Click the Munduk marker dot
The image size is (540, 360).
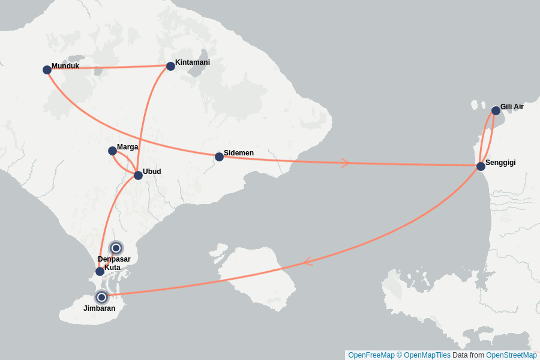point(47,70)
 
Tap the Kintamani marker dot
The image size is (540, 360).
point(170,66)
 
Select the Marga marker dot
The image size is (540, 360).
point(112,151)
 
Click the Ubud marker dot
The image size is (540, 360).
point(138,175)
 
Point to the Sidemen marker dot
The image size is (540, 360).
point(219,157)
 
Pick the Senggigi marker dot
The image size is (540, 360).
point(481,166)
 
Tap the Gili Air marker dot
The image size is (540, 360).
point(496,110)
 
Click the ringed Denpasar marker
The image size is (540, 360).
point(116,248)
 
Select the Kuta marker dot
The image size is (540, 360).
point(100,271)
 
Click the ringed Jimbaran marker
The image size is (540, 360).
point(101,297)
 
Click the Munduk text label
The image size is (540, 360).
point(65,66)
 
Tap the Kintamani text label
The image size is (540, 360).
point(192,62)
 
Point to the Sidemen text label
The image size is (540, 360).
point(238,153)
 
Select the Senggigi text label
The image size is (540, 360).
point(500,163)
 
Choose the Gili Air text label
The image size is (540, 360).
point(512,107)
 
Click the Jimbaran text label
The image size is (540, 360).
point(99,308)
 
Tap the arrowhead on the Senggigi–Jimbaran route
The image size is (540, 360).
point(307,262)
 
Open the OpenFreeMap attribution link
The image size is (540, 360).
point(371,355)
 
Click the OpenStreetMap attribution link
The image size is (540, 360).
point(511,355)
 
